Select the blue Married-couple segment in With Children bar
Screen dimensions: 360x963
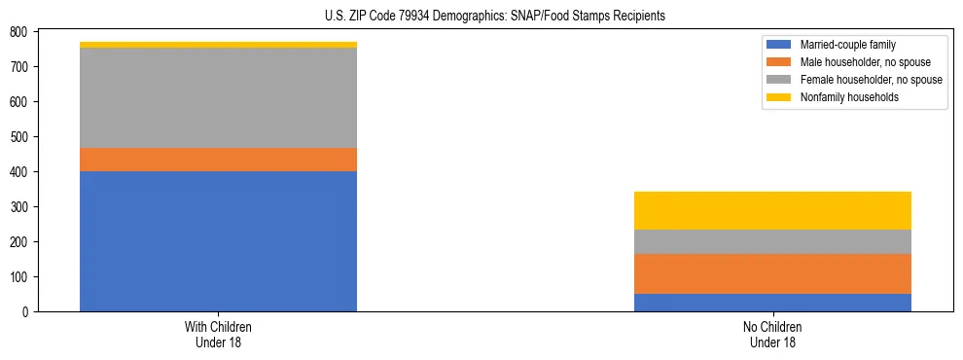(218, 241)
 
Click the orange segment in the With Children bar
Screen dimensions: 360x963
(218, 160)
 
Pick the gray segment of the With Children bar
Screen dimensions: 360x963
(218, 97)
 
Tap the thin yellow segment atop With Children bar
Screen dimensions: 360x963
(218, 45)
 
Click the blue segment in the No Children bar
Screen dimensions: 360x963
(772, 303)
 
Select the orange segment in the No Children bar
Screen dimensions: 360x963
(772, 273)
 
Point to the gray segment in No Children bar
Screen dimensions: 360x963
(772, 241)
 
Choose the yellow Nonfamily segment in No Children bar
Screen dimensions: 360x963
(772, 210)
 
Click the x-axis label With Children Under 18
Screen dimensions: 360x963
(218, 335)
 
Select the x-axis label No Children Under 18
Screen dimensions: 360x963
(772, 335)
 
